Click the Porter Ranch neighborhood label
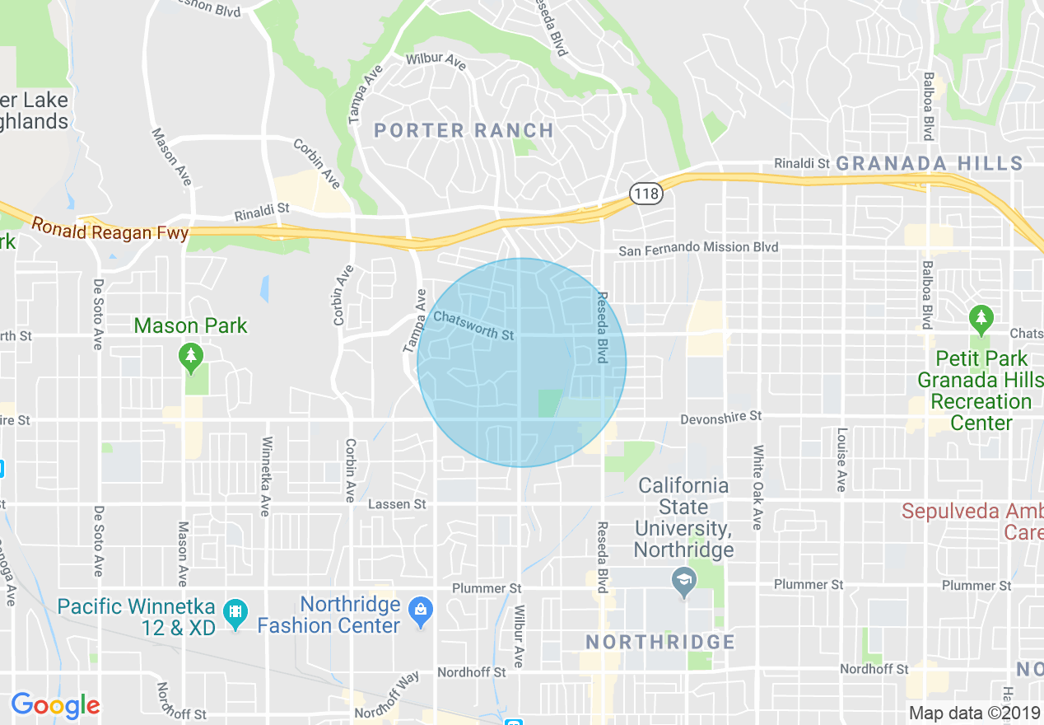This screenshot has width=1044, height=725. pyautogui.click(x=464, y=130)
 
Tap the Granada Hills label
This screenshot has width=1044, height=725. pyautogui.click(x=930, y=163)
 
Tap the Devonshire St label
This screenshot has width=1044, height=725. pyautogui.click(x=721, y=419)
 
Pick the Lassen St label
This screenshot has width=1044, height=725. pyautogui.click(x=397, y=503)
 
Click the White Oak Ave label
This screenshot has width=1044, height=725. pyautogui.click(x=757, y=488)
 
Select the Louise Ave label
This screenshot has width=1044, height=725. pyautogui.click(x=841, y=460)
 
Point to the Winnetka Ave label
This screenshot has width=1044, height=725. pyautogui.click(x=265, y=477)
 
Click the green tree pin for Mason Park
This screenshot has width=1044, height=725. pyautogui.click(x=191, y=356)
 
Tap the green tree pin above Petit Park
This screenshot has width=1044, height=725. pyautogui.click(x=980, y=317)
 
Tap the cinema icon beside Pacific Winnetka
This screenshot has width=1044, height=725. pyautogui.click(x=235, y=614)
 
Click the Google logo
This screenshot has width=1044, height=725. pyautogui.click(x=55, y=705)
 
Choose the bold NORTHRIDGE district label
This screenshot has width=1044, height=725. pyautogui.click(x=659, y=641)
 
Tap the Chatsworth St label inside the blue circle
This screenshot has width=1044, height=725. pyautogui.click(x=473, y=325)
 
